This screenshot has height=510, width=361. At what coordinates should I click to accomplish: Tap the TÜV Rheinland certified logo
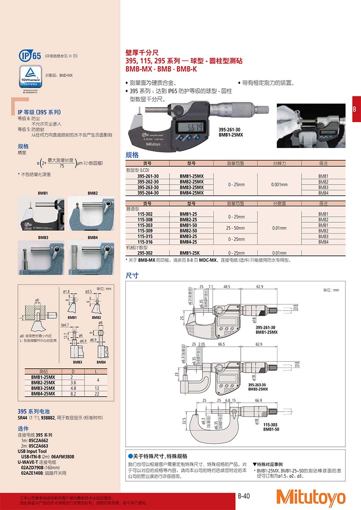[30, 77]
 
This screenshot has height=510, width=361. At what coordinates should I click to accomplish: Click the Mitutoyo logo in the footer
[310, 497]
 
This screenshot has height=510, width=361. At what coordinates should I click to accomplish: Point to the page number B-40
[244, 495]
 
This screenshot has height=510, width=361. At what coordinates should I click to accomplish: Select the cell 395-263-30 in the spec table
[148, 187]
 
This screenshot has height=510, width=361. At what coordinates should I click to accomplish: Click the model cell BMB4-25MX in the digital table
[192, 193]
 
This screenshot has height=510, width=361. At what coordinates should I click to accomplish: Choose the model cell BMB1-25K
[192, 253]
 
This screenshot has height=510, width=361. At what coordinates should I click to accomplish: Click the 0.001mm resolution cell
[279, 185]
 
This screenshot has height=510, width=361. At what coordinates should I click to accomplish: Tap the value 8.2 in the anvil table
[72, 394]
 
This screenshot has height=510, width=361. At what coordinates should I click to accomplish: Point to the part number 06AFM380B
[60, 457]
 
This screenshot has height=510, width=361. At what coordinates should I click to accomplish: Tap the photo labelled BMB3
[41, 258]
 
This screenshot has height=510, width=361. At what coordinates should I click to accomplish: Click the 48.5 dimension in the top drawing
[226, 287]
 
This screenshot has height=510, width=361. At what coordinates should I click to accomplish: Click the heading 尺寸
[132, 275]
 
